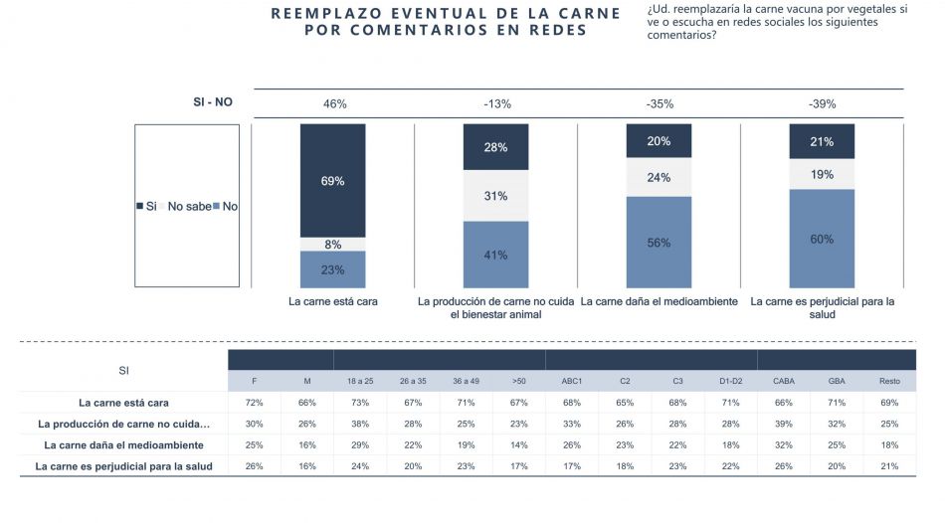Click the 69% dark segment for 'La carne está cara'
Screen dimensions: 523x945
(x=332, y=181)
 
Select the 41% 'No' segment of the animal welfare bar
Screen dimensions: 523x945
(x=495, y=255)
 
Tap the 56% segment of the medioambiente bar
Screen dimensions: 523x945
(x=659, y=243)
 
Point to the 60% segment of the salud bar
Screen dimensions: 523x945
(x=822, y=239)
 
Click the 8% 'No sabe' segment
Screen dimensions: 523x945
(x=332, y=244)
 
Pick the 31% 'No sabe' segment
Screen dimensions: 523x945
(x=495, y=196)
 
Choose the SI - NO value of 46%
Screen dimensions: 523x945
(x=334, y=103)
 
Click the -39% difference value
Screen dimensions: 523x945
(x=823, y=103)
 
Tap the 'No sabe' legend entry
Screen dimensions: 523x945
(x=188, y=207)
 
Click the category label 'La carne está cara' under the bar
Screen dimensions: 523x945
(x=332, y=301)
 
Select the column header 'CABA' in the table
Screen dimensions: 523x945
(x=784, y=380)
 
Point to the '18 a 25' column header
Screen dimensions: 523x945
(x=360, y=380)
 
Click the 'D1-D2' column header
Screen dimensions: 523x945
(x=730, y=380)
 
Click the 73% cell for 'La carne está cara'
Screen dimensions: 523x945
(x=360, y=403)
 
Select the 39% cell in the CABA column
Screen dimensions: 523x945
(x=784, y=424)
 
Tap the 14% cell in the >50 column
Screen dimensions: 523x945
(x=518, y=444)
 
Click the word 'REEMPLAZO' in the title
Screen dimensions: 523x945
(x=324, y=13)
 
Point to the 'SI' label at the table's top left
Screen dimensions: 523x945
(x=123, y=370)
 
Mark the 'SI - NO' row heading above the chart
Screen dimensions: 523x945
(x=212, y=102)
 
